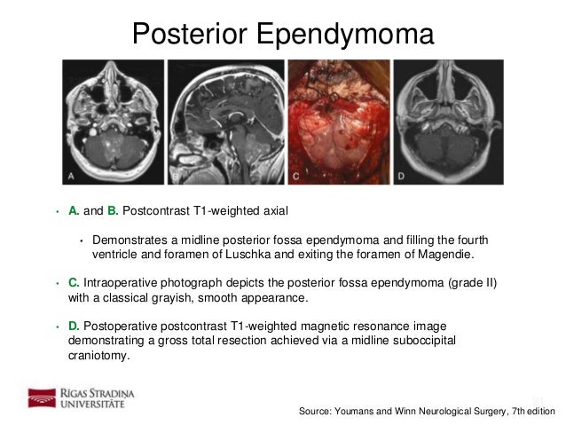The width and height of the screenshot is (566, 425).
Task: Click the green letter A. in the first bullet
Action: pos(74,211)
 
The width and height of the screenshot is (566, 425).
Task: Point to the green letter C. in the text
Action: pos(74,283)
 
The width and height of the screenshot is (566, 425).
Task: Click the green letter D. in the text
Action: pos(74,327)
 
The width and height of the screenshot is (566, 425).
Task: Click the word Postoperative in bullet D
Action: pos(122,327)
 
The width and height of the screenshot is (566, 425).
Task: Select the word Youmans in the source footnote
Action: pos(359,412)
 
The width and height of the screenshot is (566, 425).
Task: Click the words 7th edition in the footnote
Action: pos(530,412)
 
